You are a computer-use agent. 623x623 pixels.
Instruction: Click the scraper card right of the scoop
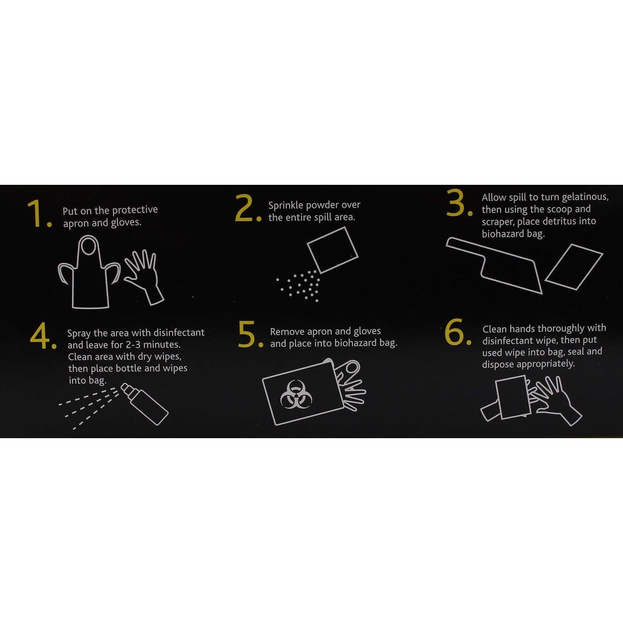[x=574, y=267]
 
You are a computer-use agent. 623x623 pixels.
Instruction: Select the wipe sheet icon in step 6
[x=513, y=397]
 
